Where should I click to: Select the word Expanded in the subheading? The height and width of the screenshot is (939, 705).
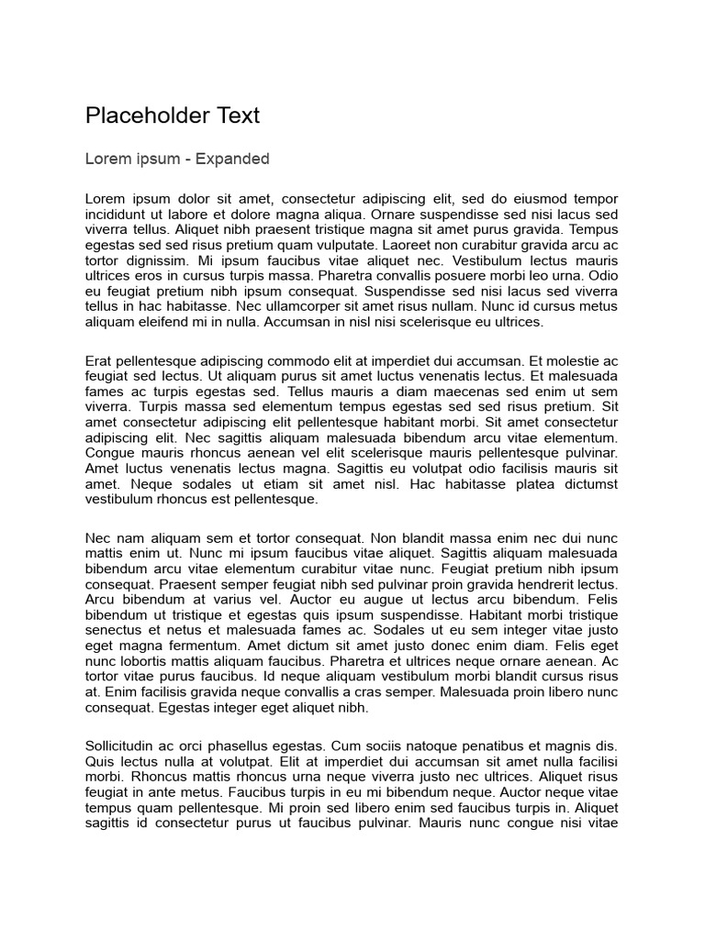click(234, 159)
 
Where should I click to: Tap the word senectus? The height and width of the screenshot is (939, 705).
click(114, 631)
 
